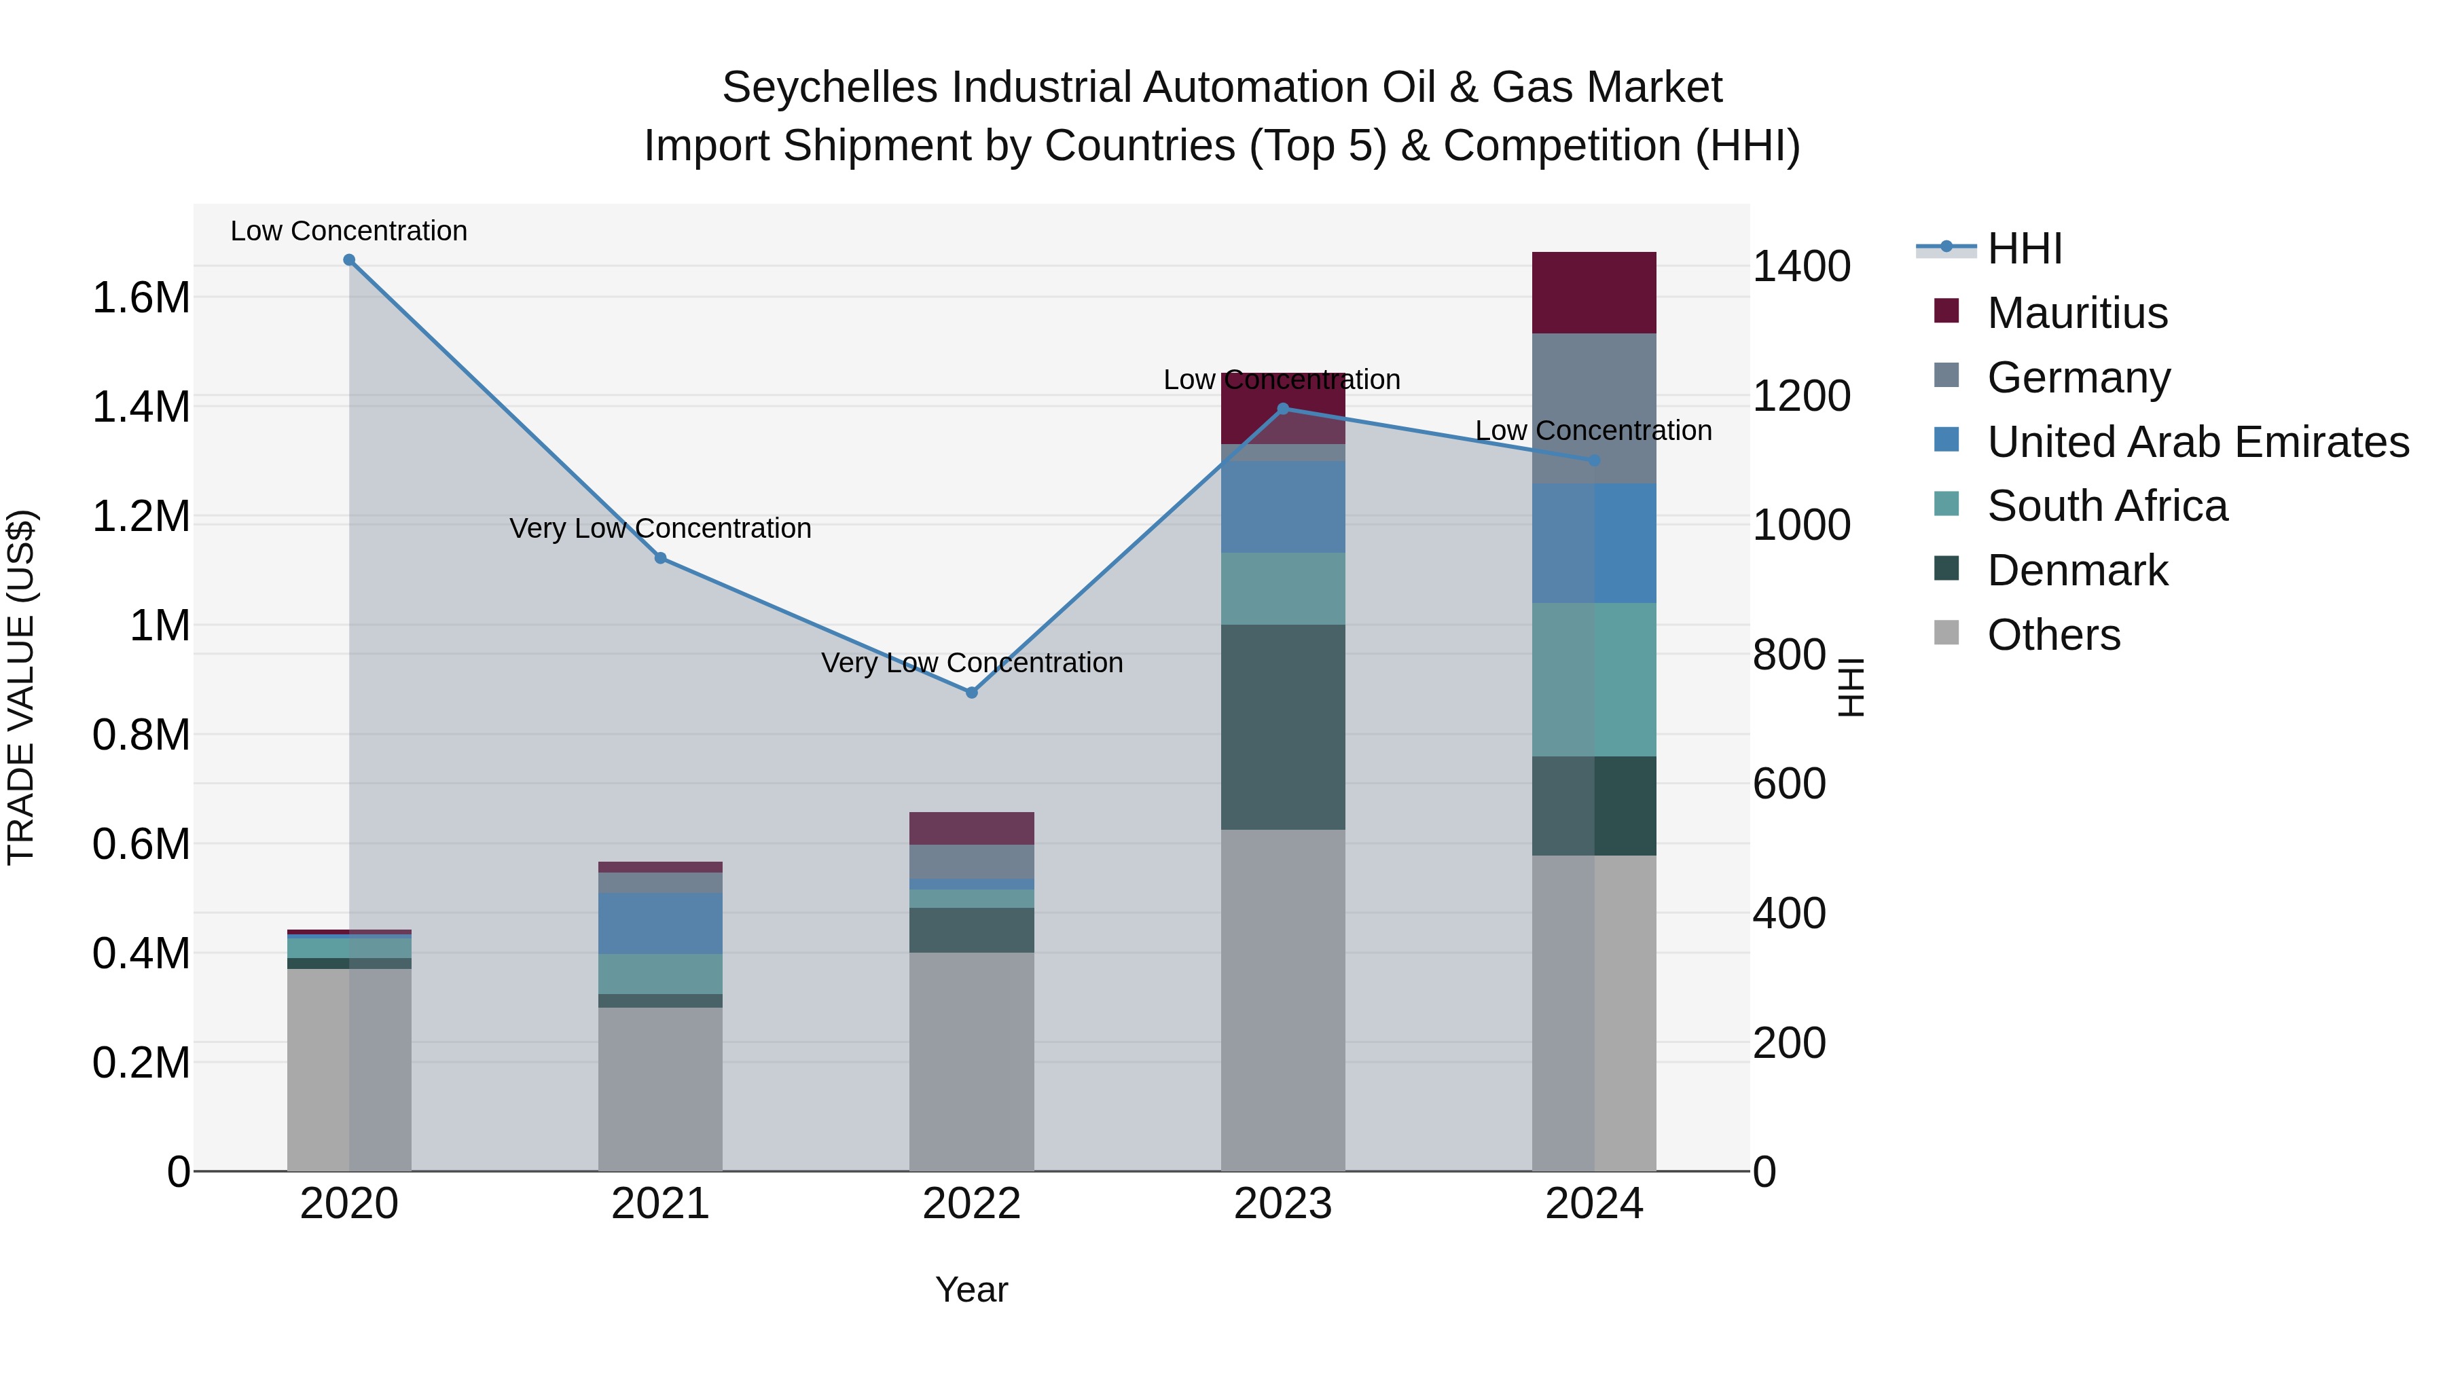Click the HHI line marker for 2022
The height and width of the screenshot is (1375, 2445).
[x=971, y=693]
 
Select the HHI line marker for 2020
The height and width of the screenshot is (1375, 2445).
[x=349, y=260]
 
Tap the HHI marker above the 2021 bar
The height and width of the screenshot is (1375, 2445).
[x=661, y=558]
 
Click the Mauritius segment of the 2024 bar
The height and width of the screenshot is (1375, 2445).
[x=1593, y=292]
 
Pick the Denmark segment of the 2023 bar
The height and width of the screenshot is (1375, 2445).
[x=1282, y=727]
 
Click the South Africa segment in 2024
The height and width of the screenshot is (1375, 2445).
[x=1593, y=680]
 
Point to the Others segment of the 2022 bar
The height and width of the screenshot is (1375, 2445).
[x=971, y=1061]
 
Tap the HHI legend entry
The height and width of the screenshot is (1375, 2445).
[x=2024, y=249]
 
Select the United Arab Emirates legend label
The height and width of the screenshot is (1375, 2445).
[x=2197, y=442]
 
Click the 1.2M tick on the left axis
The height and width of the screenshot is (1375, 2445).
[x=141, y=517]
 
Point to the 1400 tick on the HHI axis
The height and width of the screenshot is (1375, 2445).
[x=1800, y=267]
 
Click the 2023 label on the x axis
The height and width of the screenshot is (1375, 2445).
[x=1282, y=1204]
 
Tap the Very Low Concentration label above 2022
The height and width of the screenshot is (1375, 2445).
[x=971, y=662]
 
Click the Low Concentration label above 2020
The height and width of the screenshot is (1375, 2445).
[x=348, y=231]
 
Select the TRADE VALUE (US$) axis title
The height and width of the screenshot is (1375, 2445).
[x=22, y=687]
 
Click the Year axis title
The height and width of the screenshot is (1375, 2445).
[x=971, y=1289]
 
